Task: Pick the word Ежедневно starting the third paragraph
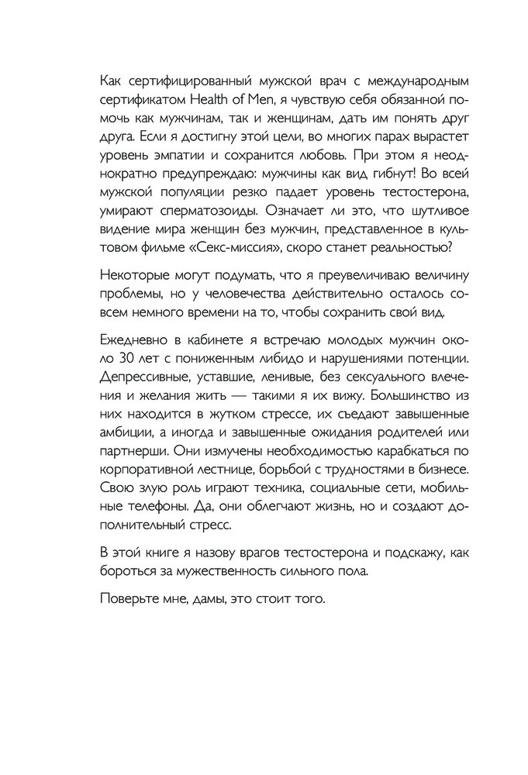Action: pos(128,342)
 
